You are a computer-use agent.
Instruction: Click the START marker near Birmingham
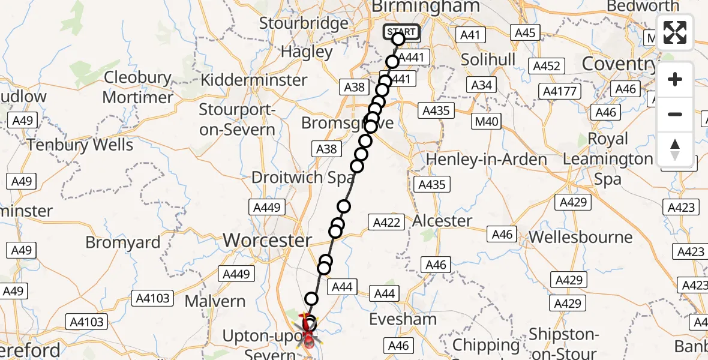point(401,32)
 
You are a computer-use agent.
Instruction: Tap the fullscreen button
point(675,32)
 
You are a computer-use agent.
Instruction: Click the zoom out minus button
point(675,114)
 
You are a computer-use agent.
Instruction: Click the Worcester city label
point(268,241)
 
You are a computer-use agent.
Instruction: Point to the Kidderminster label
point(254,80)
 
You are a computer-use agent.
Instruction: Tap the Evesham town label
point(403,319)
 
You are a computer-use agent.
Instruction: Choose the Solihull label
point(488,60)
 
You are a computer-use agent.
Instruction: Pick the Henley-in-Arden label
point(487,160)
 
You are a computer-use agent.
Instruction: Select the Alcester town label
point(442,221)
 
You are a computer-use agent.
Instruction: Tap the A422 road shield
point(386,223)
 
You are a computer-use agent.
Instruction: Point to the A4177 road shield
point(559,92)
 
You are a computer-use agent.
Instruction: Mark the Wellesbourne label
point(580,237)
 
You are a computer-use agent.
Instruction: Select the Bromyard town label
point(123,242)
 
